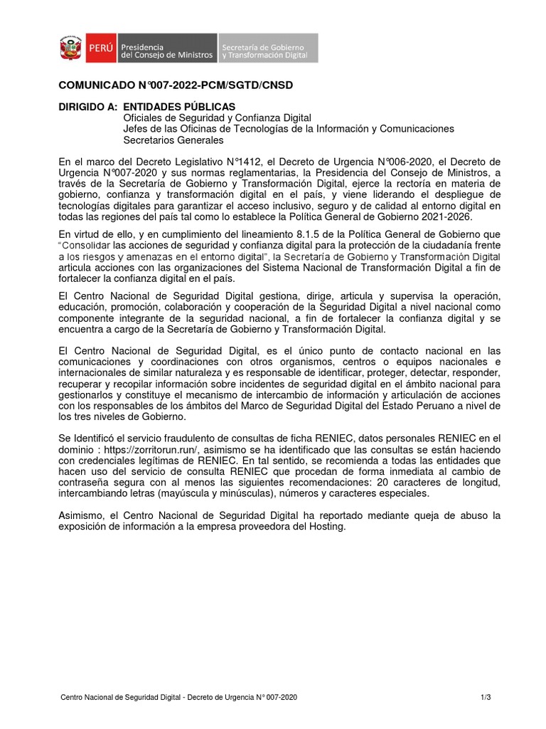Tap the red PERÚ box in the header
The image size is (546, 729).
tap(99, 48)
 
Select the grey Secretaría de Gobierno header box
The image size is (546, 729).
tap(267, 48)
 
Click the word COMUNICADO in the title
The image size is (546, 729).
tap(93, 85)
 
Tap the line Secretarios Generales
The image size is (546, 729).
tap(173, 140)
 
